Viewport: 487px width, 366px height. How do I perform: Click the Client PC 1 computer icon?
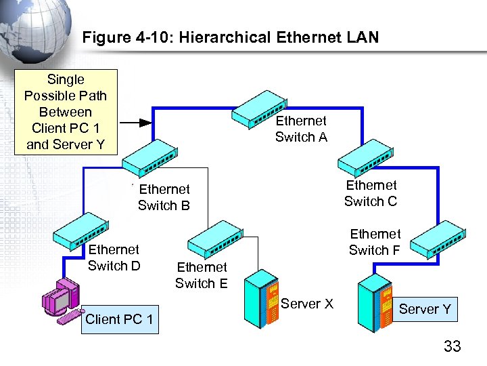[61, 298]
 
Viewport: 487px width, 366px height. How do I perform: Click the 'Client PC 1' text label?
[119, 319]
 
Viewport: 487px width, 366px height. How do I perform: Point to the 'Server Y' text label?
[425, 310]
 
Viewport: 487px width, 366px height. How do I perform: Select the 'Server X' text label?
[307, 304]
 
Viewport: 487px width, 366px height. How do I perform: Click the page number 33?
[452, 347]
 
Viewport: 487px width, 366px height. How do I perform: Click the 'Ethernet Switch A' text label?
[301, 129]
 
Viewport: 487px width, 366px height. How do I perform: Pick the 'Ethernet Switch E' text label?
[202, 275]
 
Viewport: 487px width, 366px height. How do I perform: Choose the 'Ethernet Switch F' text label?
[375, 242]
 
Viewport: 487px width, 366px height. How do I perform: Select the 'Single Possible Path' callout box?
[66, 112]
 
